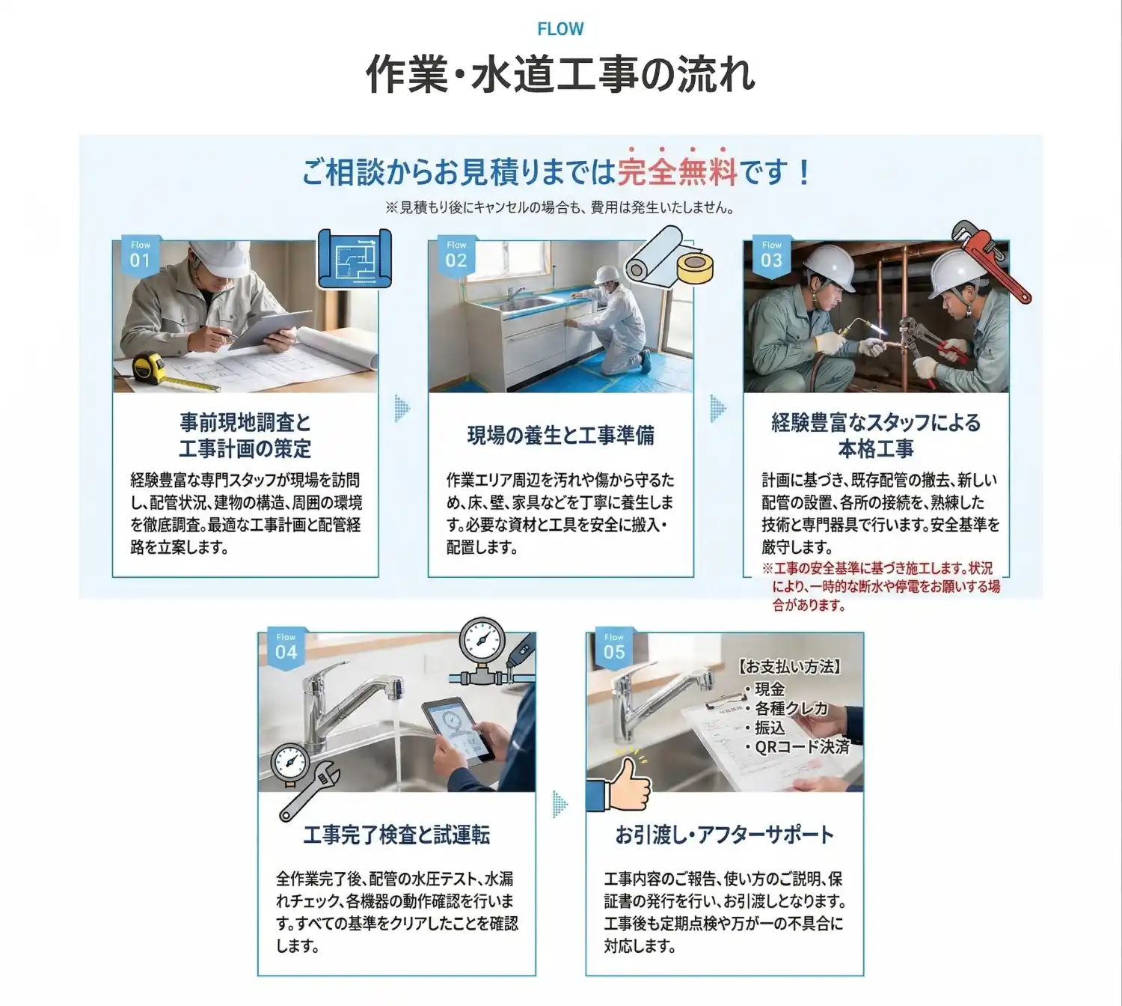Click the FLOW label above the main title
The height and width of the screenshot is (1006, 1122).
(560, 29)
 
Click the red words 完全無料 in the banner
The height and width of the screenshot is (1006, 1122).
(677, 172)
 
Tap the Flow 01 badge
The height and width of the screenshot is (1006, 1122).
(140, 255)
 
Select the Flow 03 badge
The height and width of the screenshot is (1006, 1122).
(771, 255)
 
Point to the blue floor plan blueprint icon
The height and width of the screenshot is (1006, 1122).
(355, 258)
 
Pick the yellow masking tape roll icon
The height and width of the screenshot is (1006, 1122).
(695, 268)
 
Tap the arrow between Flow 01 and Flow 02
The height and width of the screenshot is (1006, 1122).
(402, 409)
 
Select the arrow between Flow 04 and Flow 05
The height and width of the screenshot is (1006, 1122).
(560, 804)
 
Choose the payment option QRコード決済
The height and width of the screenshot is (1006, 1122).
(802, 747)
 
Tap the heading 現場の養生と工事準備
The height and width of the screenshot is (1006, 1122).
(560, 435)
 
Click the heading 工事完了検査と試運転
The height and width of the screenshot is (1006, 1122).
(396, 834)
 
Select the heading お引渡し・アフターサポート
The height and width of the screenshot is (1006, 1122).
(724, 834)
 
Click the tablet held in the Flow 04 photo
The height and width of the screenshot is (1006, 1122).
(458, 728)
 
